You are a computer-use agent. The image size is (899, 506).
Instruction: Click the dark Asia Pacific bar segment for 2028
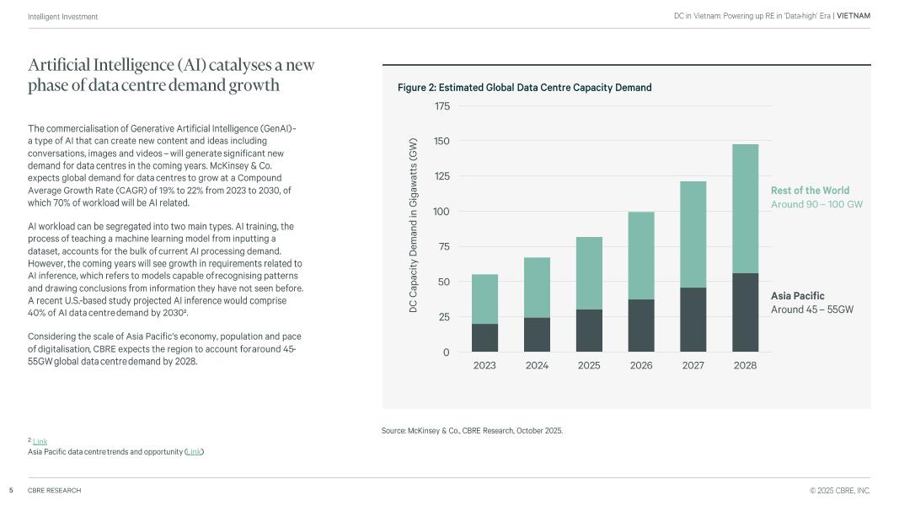coord(745,312)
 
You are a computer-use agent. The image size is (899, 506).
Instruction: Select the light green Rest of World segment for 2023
coord(484,299)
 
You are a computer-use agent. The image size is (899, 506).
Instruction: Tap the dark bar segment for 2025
coord(589,331)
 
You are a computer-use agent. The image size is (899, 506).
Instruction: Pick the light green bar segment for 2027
coord(693,234)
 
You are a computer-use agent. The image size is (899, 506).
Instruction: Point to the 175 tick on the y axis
coord(441,106)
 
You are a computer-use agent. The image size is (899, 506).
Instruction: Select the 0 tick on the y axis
coord(447,353)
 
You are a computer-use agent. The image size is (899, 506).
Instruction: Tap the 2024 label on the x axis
coord(537,366)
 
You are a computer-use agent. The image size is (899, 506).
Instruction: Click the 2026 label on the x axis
coord(641,366)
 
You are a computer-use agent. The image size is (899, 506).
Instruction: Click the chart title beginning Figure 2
coord(524,88)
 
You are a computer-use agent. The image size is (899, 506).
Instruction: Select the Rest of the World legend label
coord(810,191)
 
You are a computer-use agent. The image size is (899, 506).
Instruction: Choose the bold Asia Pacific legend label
coord(797,296)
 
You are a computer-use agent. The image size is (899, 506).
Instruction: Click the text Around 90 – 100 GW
coord(816,205)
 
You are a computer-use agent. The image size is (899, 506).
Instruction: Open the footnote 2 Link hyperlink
coord(40,441)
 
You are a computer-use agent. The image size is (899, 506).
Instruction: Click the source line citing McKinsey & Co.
coord(472,431)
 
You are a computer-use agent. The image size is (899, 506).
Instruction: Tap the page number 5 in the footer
coord(11,491)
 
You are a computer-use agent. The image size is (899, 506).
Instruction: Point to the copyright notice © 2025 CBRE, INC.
coord(840,491)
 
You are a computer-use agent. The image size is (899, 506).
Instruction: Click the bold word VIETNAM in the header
coord(854,16)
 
